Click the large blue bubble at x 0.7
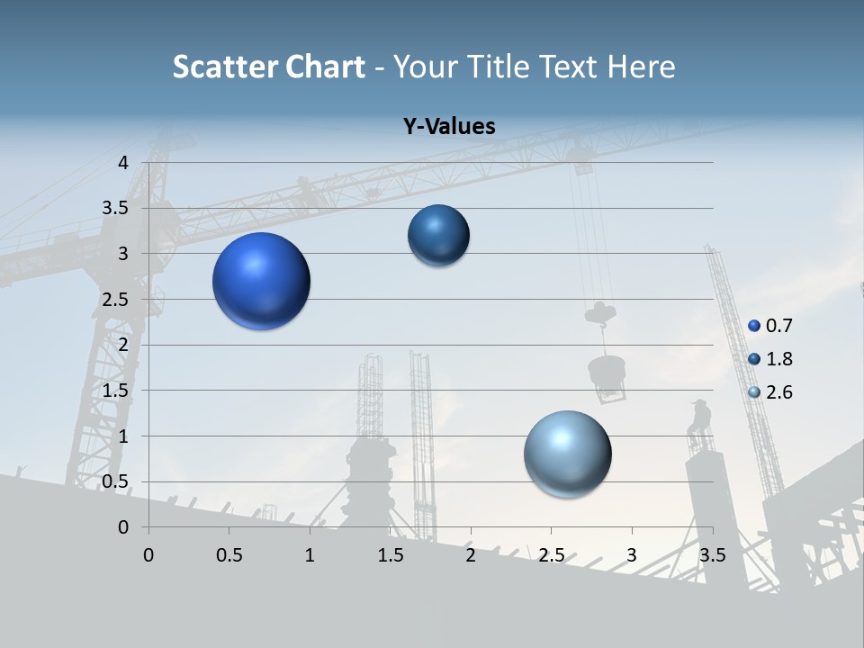(x=262, y=281)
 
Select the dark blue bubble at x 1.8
(x=438, y=235)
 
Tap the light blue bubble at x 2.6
(x=567, y=454)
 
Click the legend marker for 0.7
(x=754, y=325)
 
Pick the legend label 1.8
(x=779, y=359)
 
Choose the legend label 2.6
(x=779, y=392)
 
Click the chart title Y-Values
(x=449, y=127)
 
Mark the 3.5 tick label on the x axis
(x=712, y=554)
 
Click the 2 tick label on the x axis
(x=470, y=554)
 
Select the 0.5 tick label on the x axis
(x=229, y=554)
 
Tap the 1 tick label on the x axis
(x=310, y=554)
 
